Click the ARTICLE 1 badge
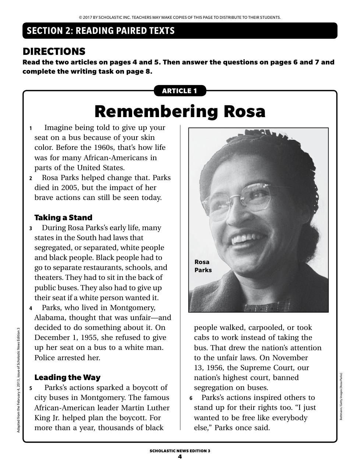coord(180,91)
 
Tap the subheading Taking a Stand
coord(63,218)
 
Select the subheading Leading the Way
coord(67,378)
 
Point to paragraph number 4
coord(31,308)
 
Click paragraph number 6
coord(191,398)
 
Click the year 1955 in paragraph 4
coord(95,338)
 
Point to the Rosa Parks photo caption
coord(203,266)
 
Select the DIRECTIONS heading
coord(54,52)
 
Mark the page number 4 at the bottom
coord(180,457)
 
